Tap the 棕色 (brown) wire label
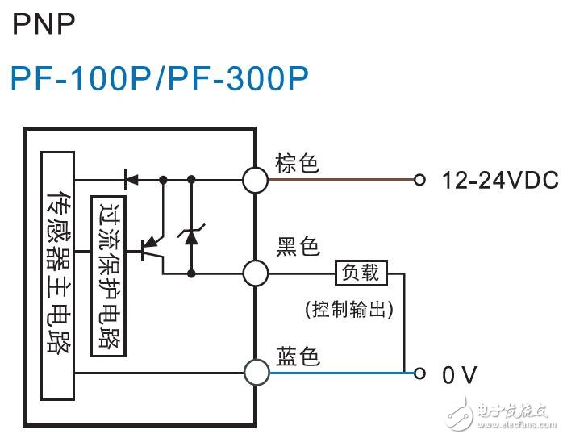tap(297, 163)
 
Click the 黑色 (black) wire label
tap(298, 246)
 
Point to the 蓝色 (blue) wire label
tap(298, 355)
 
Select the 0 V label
tap(460, 375)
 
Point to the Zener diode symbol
tap(191, 236)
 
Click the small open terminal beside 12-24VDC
tap(418, 180)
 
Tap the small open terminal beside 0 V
tap(418, 373)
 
